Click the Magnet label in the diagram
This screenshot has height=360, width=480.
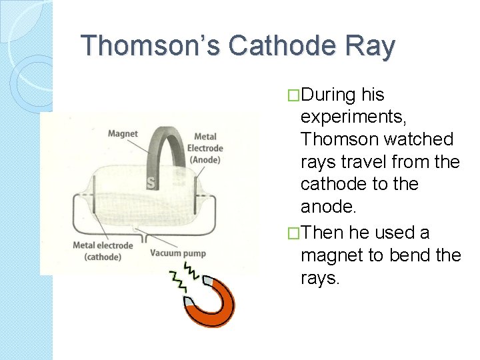(123, 134)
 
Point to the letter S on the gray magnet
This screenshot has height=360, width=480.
(151, 182)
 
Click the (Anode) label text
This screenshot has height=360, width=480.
(205, 159)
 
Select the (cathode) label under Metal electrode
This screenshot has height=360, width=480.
(103, 257)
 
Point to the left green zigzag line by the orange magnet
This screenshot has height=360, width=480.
(179, 283)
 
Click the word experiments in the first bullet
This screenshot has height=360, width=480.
(349, 117)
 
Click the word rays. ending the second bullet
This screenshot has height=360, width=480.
(320, 278)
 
